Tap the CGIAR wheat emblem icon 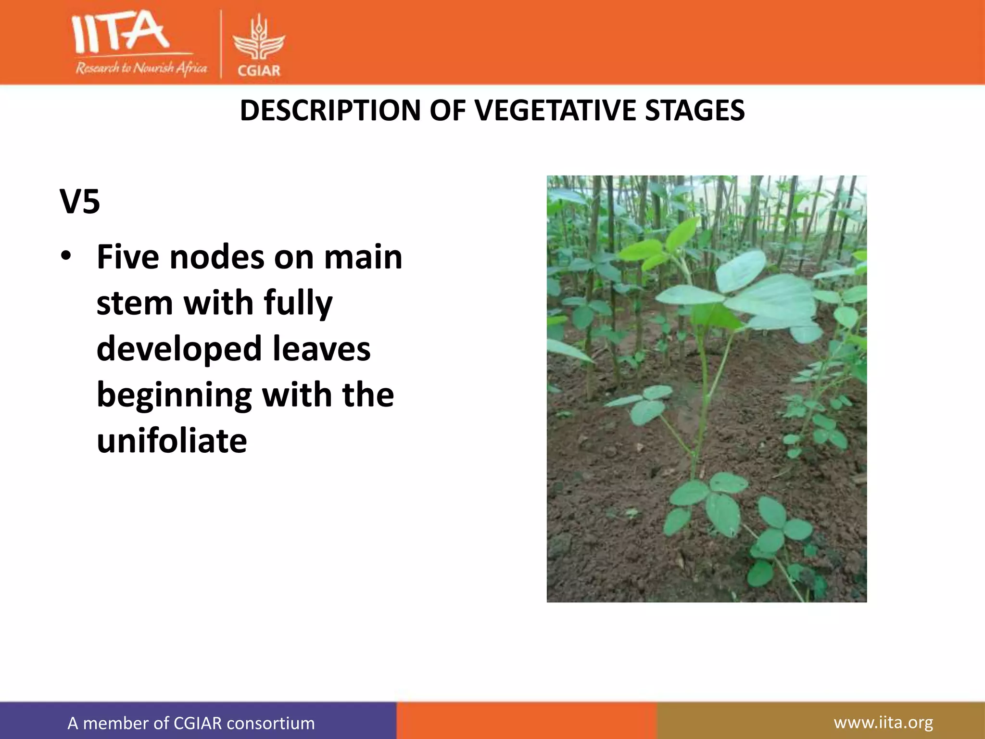pyautogui.click(x=259, y=38)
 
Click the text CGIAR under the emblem pyautogui.click(x=259, y=71)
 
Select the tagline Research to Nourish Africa pyautogui.click(x=141, y=68)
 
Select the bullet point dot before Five pyautogui.click(x=66, y=256)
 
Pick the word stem pyautogui.click(x=135, y=303)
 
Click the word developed pyautogui.click(x=179, y=349)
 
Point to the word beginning pyautogui.click(x=174, y=396)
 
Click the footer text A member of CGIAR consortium pyautogui.click(x=191, y=723)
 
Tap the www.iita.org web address pyautogui.click(x=883, y=722)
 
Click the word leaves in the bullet pyautogui.click(x=322, y=349)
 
